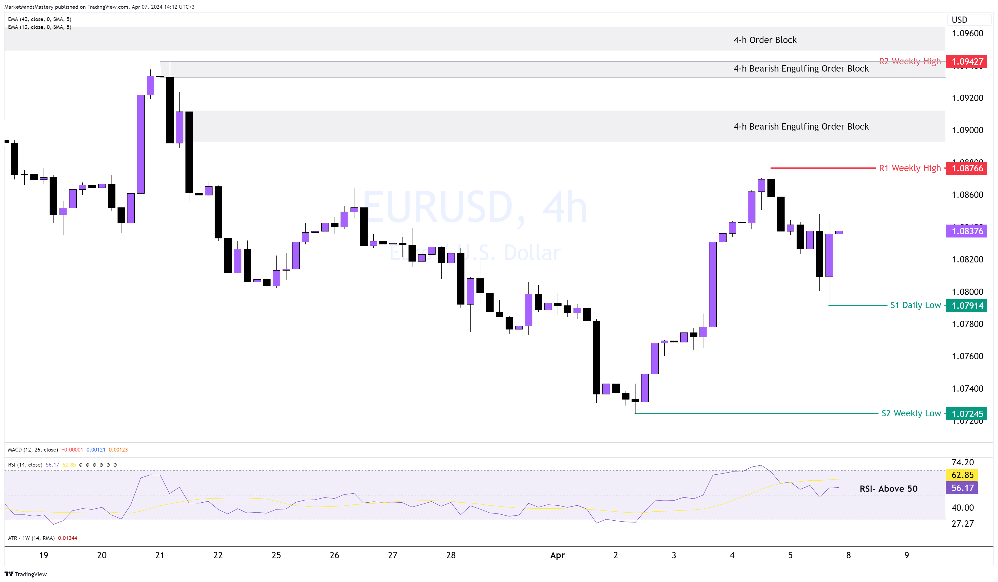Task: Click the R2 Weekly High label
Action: (x=909, y=61)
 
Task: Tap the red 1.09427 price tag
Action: (x=967, y=61)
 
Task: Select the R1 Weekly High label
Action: (x=909, y=168)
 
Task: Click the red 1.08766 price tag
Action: (x=967, y=168)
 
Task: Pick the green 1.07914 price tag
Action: (x=967, y=305)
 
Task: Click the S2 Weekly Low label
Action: (x=911, y=413)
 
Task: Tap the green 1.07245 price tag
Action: (x=967, y=414)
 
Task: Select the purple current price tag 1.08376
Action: (x=967, y=231)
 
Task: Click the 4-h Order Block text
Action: (x=765, y=40)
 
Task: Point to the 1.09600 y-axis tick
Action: (x=967, y=33)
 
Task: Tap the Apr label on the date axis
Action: (x=557, y=555)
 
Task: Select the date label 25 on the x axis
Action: (x=276, y=555)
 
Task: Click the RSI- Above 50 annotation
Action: (x=888, y=489)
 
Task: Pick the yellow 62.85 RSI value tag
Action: (x=962, y=475)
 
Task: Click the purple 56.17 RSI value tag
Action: (x=962, y=488)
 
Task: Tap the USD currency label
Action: (x=959, y=20)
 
